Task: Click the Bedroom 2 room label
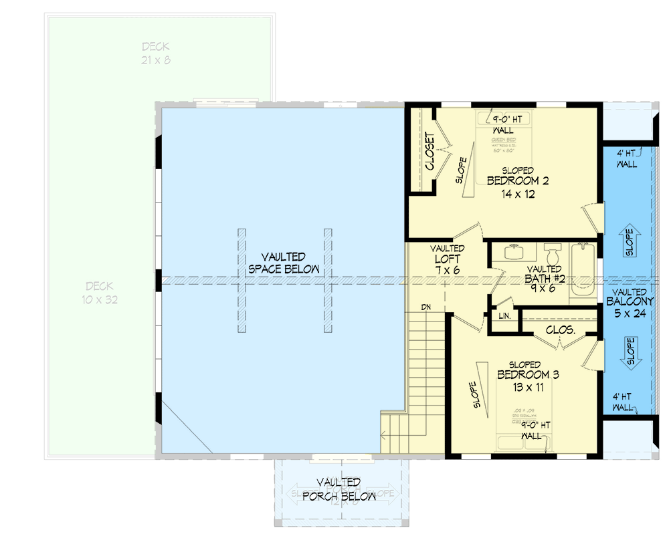[x=518, y=181]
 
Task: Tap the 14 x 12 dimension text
[x=518, y=194]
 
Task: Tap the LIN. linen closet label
[x=504, y=315]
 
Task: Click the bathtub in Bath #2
[x=581, y=271]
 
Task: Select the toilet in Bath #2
[x=553, y=255]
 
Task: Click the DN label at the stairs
[x=425, y=307]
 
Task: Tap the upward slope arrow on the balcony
[x=628, y=243]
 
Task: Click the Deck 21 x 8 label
[x=155, y=53]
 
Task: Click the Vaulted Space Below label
[x=284, y=263]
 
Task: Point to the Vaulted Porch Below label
[x=339, y=489]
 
